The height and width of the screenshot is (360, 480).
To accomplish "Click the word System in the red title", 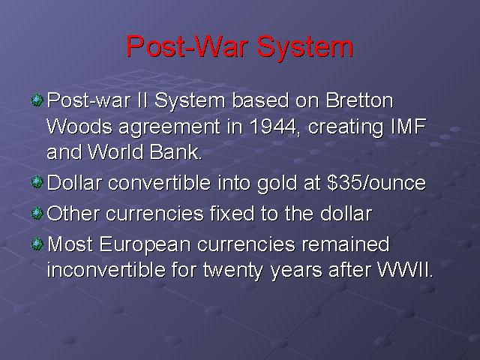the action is click(x=304, y=46).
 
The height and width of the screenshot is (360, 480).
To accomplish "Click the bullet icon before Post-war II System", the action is click(x=37, y=100).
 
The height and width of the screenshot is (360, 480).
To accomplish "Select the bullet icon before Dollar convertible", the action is click(x=37, y=182).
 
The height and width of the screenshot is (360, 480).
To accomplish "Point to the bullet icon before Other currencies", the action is click(x=37, y=213).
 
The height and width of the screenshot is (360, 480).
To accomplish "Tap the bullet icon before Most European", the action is click(x=37, y=244).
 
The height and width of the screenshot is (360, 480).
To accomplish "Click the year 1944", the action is click(x=273, y=126).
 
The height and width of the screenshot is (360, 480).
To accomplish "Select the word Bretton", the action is click(x=359, y=100).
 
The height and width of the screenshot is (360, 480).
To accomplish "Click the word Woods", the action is click(x=79, y=126).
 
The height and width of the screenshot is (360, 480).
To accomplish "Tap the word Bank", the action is click(x=175, y=151).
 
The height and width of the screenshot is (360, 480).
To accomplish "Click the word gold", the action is click(x=277, y=184).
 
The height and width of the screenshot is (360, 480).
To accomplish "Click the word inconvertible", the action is click(x=106, y=270).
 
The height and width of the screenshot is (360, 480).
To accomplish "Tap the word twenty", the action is click(x=233, y=271).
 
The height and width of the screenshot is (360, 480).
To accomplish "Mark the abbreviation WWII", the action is click(x=406, y=270).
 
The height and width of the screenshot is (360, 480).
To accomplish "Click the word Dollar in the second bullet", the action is click(x=74, y=183).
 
